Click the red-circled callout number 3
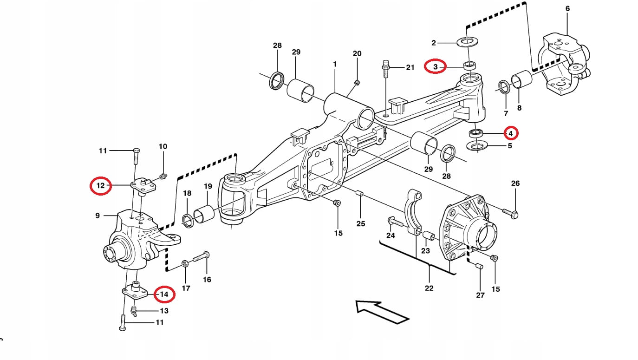coord(435,67)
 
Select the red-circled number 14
coord(164,294)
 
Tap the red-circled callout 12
coord(101,186)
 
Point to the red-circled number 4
coord(510,133)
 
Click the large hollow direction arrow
coord(382,311)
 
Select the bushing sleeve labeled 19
coord(203,214)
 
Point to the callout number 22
coord(429,288)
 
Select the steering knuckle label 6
coord(567,8)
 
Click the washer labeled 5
coord(476,147)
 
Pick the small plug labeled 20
coord(357,83)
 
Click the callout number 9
coord(98,215)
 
